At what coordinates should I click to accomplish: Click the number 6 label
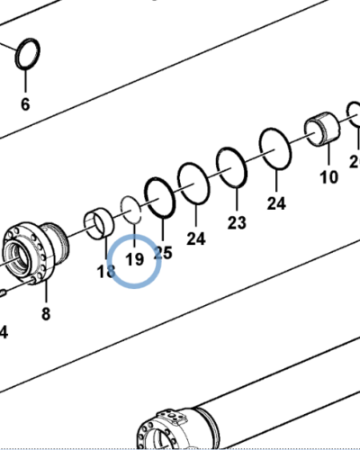tap(25, 104)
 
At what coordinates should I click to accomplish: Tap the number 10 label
tap(329, 175)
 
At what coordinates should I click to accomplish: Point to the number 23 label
tap(237, 221)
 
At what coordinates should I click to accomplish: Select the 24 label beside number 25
tap(195, 238)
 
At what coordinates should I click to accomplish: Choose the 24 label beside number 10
tap(276, 203)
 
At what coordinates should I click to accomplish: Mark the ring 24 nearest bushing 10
tap(275, 148)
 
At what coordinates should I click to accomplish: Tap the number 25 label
tap(163, 253)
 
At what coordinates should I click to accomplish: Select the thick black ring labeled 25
tap(161, 198)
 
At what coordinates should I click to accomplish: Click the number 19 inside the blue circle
tap(134, 260)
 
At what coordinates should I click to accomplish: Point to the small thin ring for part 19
tap(131, 210)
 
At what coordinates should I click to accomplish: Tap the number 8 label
tap(46, 314)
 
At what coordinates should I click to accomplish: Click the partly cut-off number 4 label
tap(4, 332)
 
